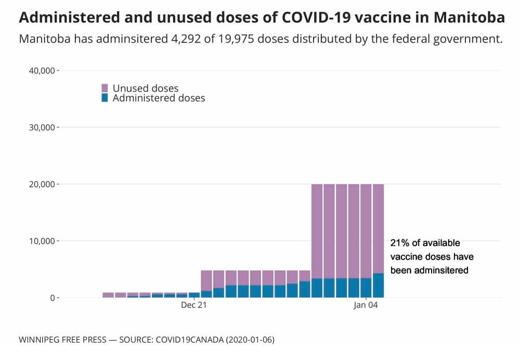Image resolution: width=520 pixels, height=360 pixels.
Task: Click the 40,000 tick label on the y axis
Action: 40,71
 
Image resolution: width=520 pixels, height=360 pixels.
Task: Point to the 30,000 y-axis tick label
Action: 40,127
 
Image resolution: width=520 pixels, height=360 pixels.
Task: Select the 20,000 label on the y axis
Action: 40,184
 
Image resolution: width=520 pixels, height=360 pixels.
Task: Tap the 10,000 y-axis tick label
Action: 40,241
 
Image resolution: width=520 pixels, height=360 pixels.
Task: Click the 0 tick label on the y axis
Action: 51,298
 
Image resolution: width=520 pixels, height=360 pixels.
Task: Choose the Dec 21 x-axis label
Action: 194,305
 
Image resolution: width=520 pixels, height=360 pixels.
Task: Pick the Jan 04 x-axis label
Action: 366,305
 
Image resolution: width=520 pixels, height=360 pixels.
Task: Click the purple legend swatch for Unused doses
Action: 105,88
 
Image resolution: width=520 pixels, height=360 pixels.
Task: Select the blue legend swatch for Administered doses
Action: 105,97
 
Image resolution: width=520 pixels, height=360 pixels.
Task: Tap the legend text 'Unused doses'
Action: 145,88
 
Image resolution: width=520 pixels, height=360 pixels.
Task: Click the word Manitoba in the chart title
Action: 469,18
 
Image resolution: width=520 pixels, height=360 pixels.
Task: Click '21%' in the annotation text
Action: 399,243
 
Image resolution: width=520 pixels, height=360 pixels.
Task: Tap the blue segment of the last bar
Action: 378,285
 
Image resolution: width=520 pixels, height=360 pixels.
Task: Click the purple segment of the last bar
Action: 378,229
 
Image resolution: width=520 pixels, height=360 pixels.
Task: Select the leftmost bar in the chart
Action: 108,295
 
